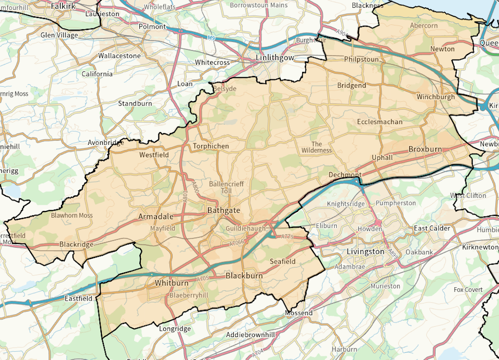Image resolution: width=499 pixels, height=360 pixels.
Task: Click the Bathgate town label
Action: (x=223, y=210)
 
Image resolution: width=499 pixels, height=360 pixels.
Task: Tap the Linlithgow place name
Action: (x=275, y=58)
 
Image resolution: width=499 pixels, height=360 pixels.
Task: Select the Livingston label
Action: (x=365, y=252)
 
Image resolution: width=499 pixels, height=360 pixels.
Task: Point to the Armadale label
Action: (x=156, y=216)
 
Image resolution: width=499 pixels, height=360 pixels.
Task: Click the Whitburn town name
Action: (x=171, y=283)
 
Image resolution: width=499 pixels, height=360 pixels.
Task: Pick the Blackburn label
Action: (x=244, y=276)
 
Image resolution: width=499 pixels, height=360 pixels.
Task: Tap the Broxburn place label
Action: (x=425, y=149)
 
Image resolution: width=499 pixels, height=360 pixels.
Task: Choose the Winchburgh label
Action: (x=436, y=97)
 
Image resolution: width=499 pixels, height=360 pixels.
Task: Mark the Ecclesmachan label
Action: (x=380, y=121)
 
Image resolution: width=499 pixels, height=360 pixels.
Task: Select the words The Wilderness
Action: (x=317, y=147)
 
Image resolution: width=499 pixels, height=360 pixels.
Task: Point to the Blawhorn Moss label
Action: (x=72, y=215)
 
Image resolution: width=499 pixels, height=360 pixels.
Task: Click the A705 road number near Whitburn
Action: (x=202, y=278)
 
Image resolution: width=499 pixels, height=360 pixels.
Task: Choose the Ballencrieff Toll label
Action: (x=226, y=188)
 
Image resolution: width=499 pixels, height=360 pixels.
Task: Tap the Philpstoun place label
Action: (x=361, y=59)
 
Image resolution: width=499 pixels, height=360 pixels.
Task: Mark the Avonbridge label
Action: (x=106, y=143)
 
